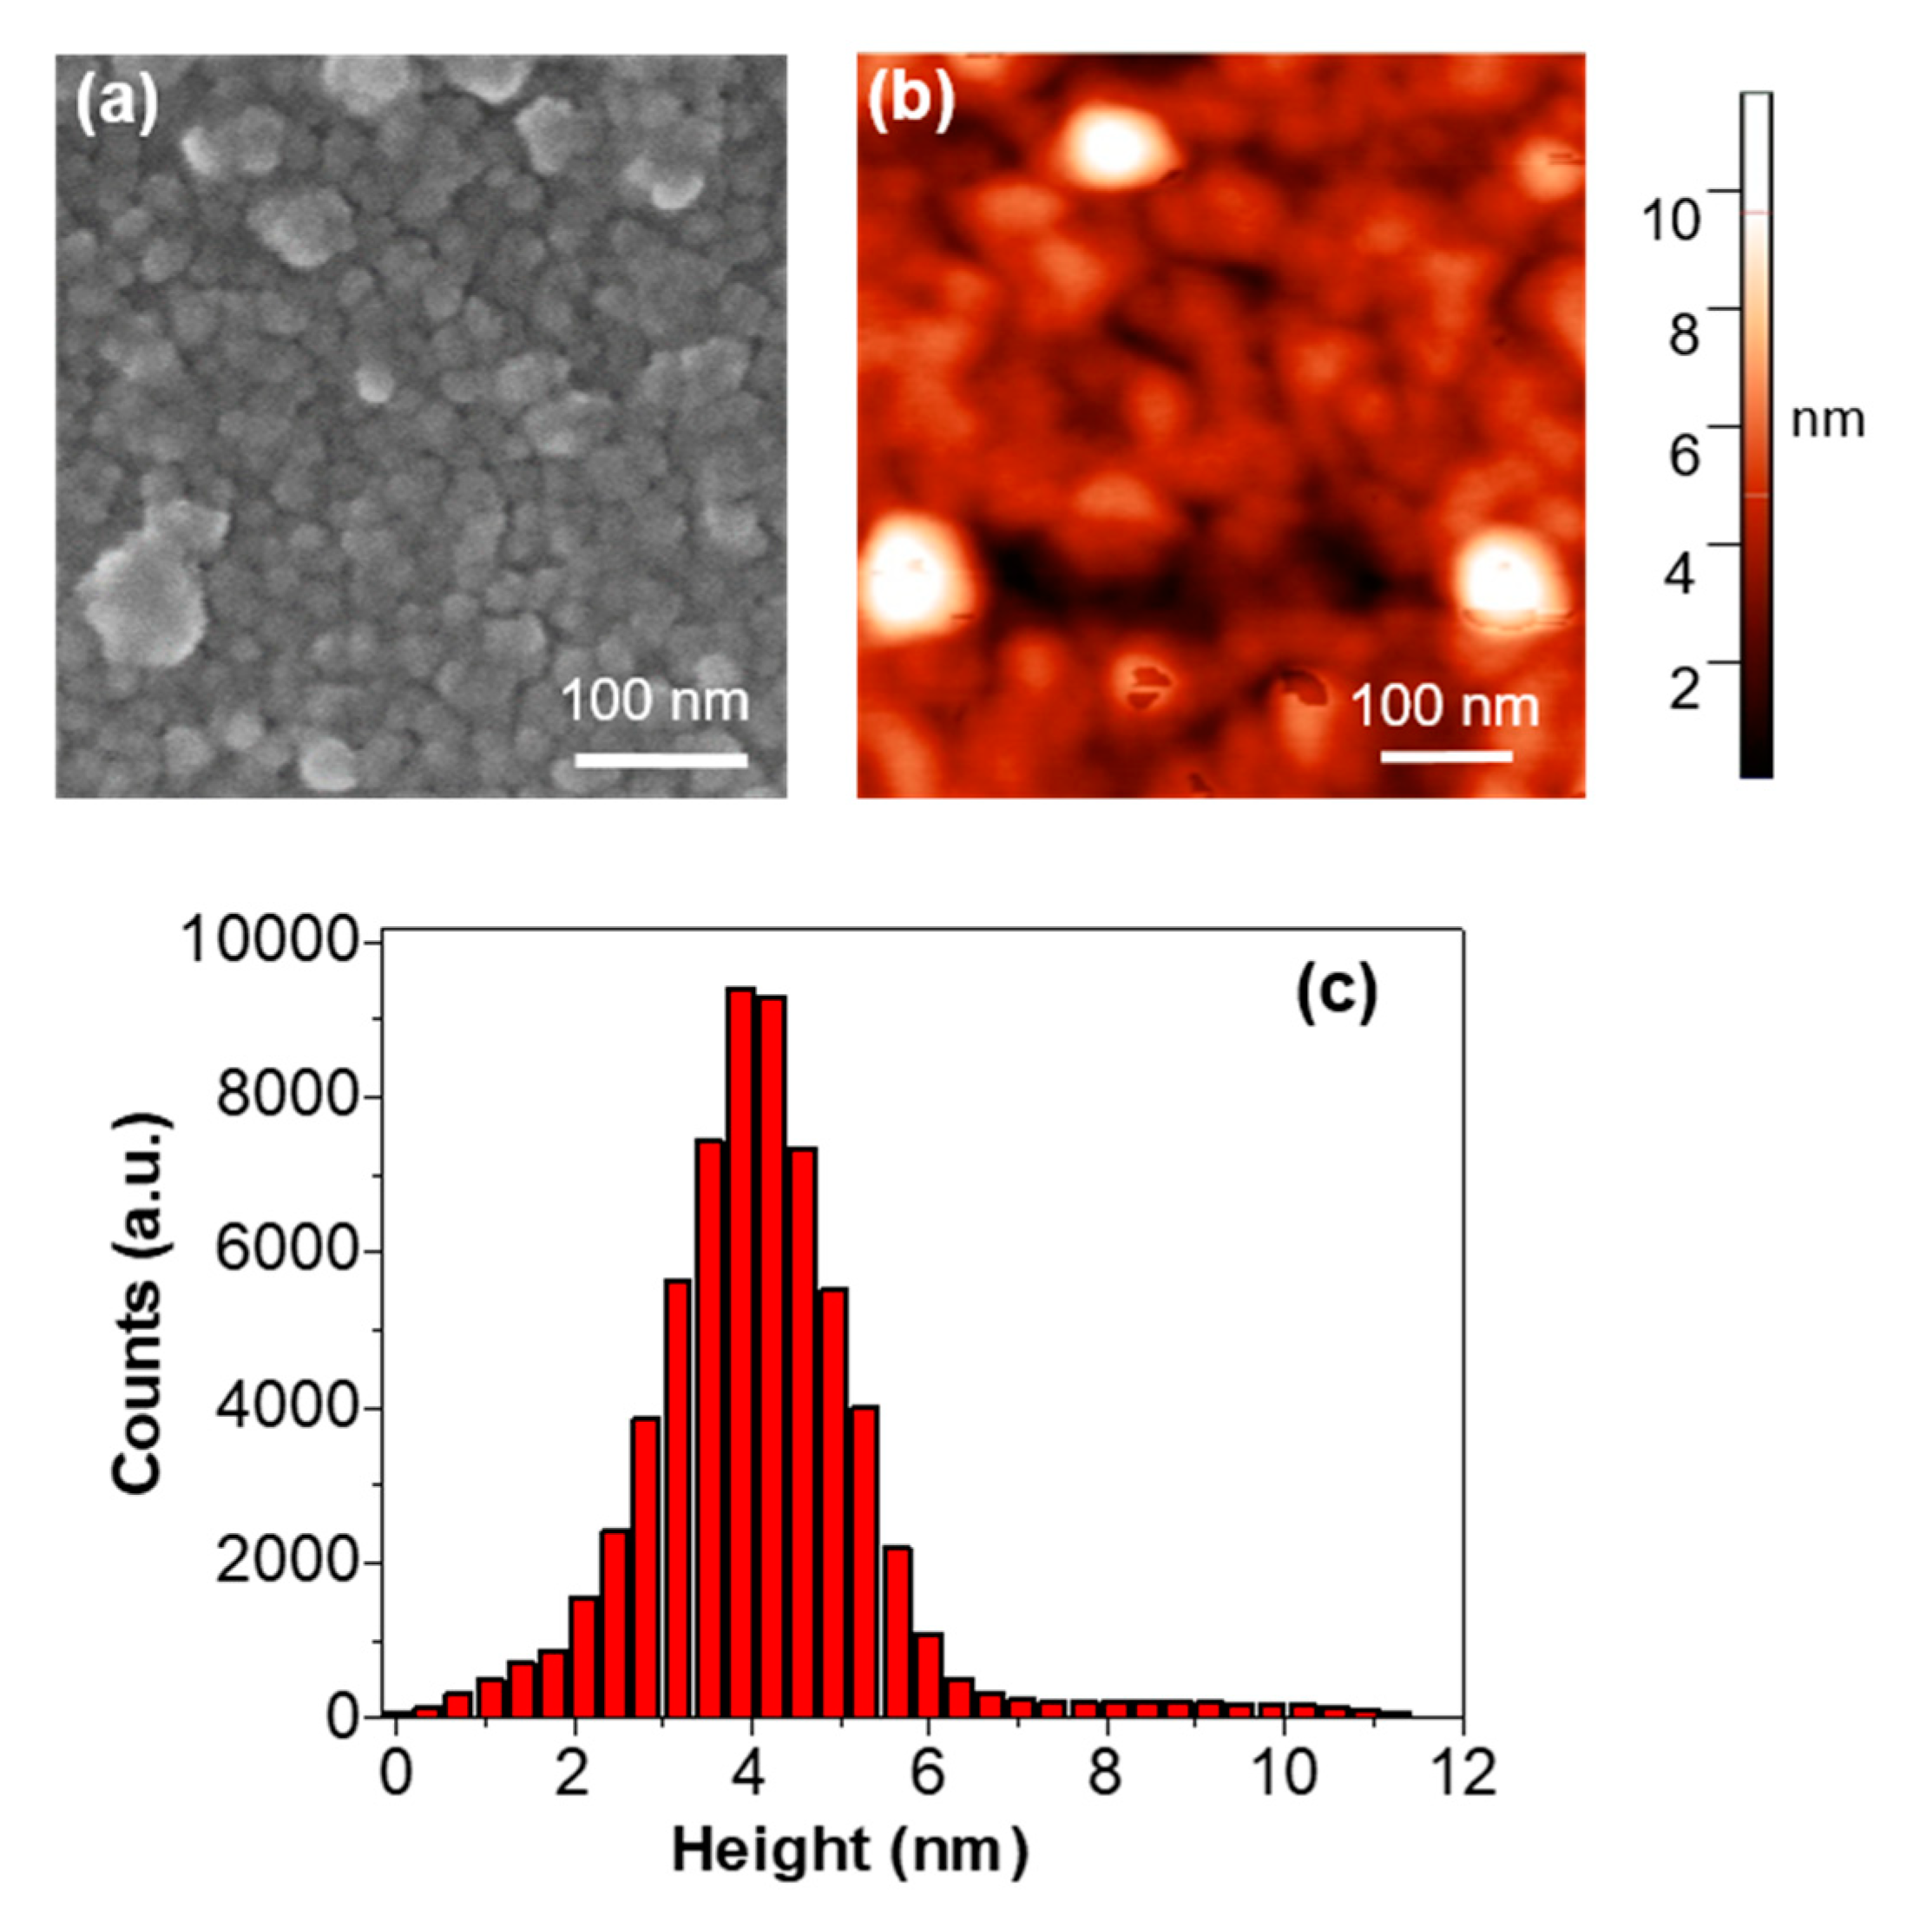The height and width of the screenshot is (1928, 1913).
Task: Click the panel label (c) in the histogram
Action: [1335, 993]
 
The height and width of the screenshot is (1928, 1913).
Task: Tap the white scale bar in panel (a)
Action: [661, 760]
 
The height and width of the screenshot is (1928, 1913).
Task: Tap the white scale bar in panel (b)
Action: [1446, 756]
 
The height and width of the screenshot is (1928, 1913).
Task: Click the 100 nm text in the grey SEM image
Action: [654, 701]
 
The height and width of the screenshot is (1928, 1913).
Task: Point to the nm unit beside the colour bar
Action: [1827, 421]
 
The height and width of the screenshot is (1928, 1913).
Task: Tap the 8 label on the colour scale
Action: [1684, 333]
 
